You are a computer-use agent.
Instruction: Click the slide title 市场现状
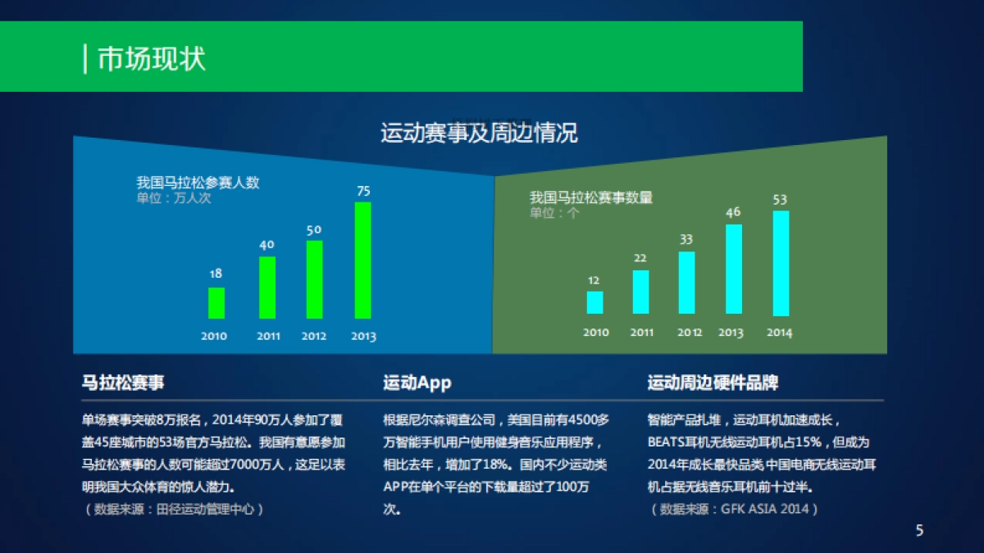coord(152,59)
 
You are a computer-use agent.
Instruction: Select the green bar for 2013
coord(362,260)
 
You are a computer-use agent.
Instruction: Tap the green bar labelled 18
coord(216,302)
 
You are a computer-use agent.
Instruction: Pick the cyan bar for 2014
coord(781,263)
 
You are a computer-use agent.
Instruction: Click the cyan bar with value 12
coord(594,302)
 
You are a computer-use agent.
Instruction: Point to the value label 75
coord(363,191)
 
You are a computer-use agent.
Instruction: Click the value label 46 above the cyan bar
coord(733,212)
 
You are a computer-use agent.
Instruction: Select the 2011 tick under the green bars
coord(268,336)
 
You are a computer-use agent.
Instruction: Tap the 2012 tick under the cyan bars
coord(690,333)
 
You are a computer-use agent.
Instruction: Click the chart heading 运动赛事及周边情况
coord(479,133)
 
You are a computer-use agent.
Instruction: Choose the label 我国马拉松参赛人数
coord(198,182)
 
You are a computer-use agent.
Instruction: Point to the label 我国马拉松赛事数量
coord(590,197)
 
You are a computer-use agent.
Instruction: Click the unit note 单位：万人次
coord(174,197)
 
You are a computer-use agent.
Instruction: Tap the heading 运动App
coord(417,383)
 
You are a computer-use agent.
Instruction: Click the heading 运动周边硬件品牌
coord(713,383)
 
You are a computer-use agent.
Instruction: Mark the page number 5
coord(919,530)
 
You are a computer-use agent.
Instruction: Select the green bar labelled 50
coord(314,279)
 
